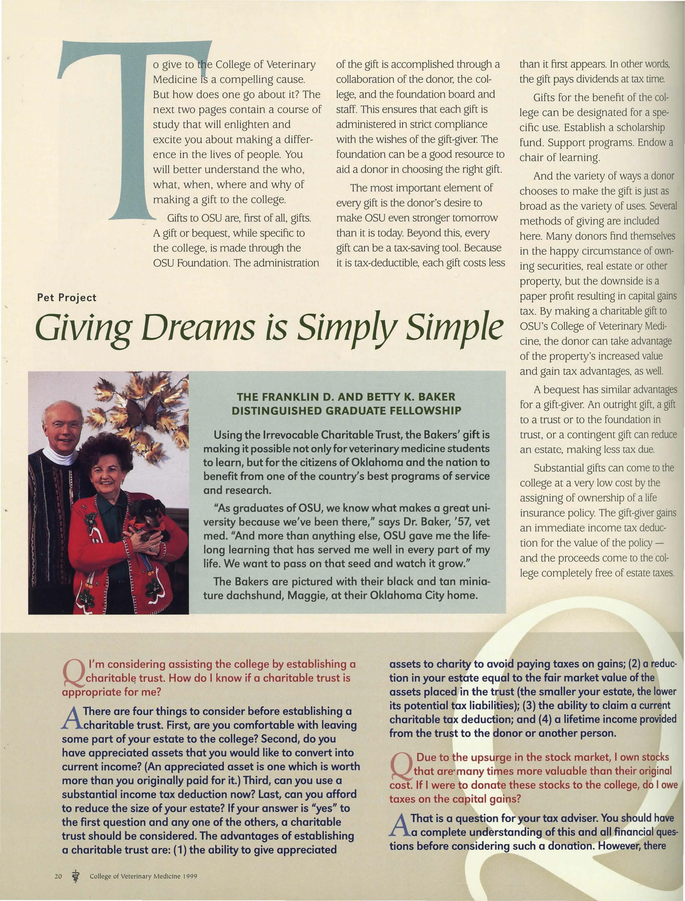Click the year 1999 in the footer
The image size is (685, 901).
click(x=190, y=877)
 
